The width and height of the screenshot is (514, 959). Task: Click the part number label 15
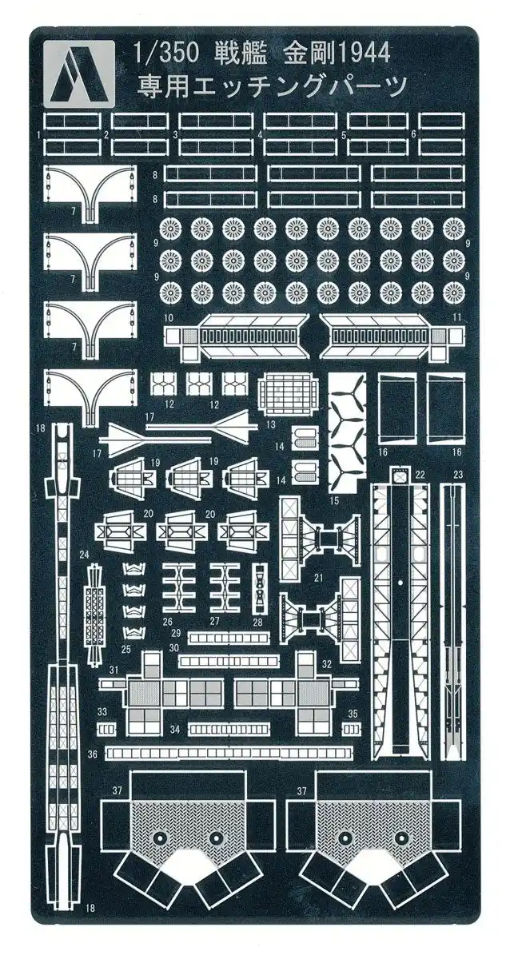(334, 500)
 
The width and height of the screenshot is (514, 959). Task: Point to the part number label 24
(85, 553)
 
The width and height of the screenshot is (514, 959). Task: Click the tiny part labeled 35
(352, 730)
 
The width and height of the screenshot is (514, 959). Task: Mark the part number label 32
(327, 665)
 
